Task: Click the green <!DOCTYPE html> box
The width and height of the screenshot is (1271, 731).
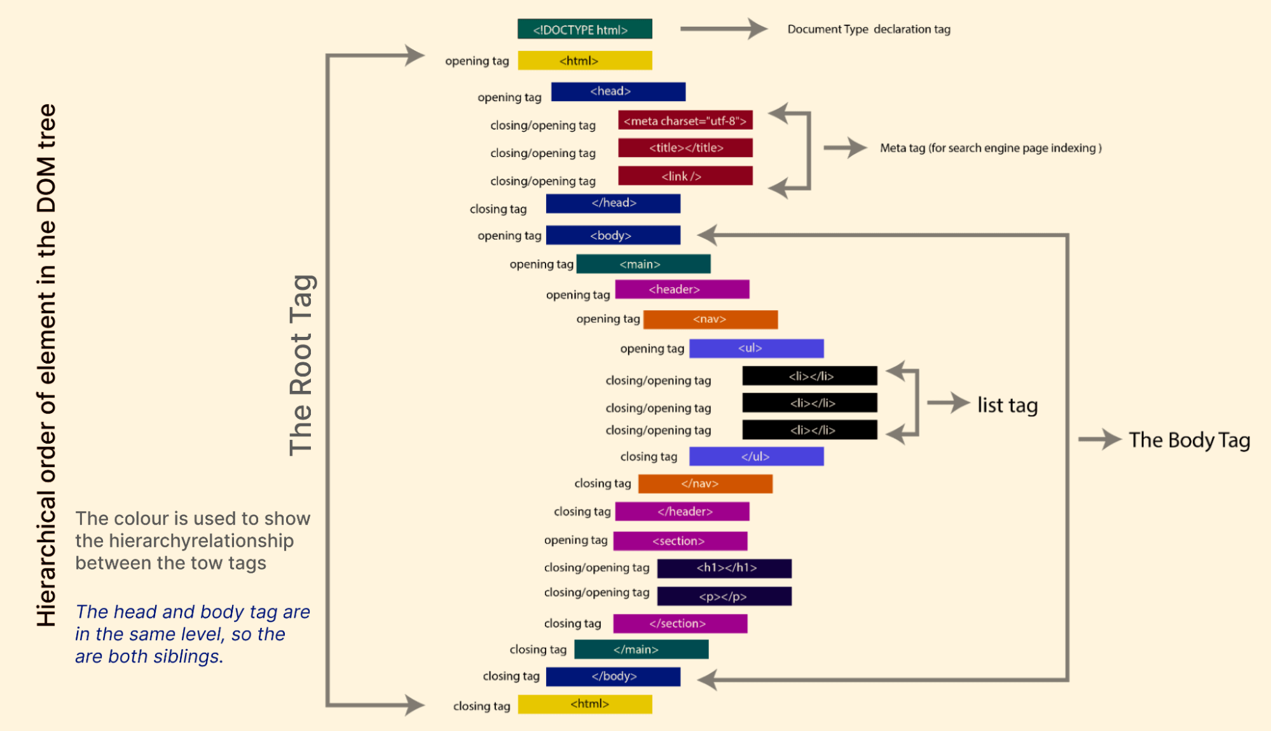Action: (584, 29)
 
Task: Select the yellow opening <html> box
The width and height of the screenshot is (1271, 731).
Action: (584, 60)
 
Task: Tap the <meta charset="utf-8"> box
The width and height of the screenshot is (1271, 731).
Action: (685, 120)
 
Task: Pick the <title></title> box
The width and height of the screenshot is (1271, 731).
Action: (685, 147)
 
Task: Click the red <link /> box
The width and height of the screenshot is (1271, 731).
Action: (685, 176)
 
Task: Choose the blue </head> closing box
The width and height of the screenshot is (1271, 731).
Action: (613, 203)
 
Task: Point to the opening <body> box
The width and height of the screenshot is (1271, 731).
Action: (613, 235)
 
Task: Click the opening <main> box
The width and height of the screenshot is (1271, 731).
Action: (643, 264)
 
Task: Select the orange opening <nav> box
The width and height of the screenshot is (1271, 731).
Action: (710, 319)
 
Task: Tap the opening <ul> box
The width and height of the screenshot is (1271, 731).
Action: (756, 348)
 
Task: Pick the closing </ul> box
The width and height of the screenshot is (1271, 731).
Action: (756, 456)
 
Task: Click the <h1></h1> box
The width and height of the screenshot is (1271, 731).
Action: (724, 568)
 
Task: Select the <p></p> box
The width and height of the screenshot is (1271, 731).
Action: (724, 596)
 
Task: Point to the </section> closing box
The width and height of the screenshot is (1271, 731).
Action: (680, 624)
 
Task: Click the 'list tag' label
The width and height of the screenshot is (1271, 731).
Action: (1007, 405)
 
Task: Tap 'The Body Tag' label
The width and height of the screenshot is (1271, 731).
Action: (1189, 440)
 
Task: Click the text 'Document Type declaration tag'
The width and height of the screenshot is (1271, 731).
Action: (869, 29)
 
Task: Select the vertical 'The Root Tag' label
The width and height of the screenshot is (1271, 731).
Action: (301, 365)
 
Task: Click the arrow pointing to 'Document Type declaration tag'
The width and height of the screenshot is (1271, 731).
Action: (724, 29)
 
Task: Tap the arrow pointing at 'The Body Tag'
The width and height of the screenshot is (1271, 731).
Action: (1099, 439)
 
